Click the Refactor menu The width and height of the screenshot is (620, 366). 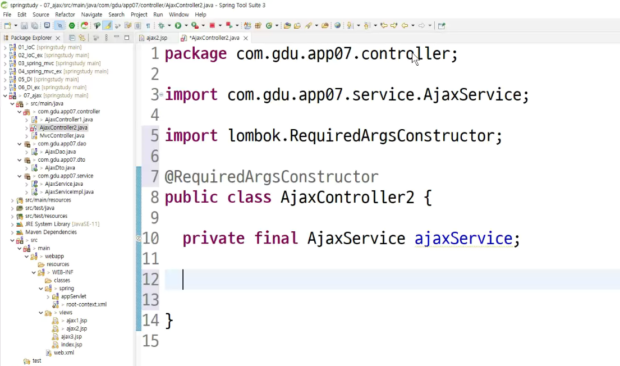(65, 15)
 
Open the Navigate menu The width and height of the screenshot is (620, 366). (91, 15)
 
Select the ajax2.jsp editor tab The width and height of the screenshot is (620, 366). (157, 38)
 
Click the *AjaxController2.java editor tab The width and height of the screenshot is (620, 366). (214, 38)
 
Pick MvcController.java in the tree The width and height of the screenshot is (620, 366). (62, 136)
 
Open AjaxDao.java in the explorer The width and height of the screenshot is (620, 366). (60, 152)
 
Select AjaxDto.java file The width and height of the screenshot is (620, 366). (59, 168)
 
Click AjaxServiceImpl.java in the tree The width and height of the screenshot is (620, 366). (69, 192)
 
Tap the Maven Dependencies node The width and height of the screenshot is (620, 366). (50, 232)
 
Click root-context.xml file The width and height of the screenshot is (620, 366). (86, 304)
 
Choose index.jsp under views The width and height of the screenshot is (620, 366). (71, 345)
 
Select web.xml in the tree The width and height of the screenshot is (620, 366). (63, 353)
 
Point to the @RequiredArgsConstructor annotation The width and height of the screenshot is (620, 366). (272, 177)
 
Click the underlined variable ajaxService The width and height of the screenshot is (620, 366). (463, 238)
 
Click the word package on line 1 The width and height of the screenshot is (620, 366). (196, 54)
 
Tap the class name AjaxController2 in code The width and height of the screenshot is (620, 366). (347, 197)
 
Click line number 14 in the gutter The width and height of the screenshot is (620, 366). (151, 321)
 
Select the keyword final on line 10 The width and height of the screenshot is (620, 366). (275, 238)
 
